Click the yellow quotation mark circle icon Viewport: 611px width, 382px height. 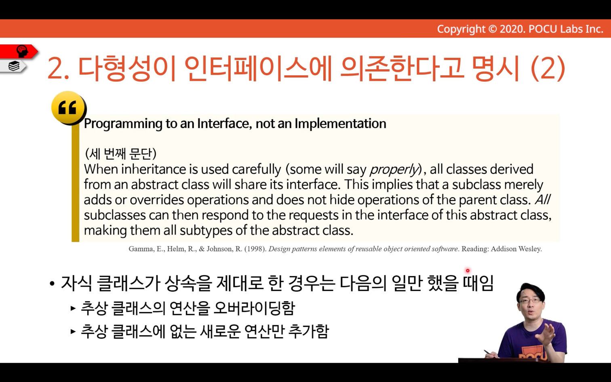(69, 108)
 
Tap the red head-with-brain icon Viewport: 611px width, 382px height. (22, 51)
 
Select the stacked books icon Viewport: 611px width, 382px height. (14, 66)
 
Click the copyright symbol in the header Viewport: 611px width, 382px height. (492, 29)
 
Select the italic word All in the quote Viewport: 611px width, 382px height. (542, 200)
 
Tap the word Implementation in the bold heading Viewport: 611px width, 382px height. (340, 124)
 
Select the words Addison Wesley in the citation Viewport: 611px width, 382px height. (516, 249)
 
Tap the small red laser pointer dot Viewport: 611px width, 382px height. (468, 271)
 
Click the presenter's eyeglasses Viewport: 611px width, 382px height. (530, 301)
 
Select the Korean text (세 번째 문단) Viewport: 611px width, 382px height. (120, 154)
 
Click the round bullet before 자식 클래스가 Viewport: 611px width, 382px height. (52, 283)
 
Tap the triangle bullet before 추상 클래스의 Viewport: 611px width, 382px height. (73, 308)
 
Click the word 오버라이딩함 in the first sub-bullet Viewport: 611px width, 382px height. (254, 308)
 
